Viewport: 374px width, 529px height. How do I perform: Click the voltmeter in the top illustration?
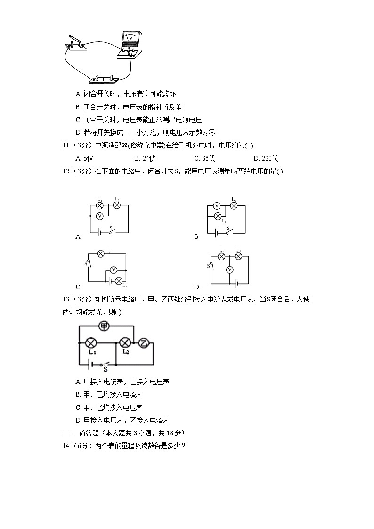point(130,44)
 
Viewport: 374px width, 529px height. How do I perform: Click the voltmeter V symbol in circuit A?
point(99,216)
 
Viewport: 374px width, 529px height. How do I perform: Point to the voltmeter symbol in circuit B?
point(217,205)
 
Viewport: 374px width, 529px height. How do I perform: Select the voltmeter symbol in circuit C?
point(113,270)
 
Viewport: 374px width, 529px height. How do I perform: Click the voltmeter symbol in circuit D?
point(229,270)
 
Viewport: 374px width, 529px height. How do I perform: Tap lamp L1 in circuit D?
point(220,256)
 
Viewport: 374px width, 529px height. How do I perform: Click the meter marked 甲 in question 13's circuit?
point(104,326)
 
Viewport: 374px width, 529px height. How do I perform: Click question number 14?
point(66,446)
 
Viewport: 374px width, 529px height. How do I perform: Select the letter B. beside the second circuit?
point(197,237)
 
